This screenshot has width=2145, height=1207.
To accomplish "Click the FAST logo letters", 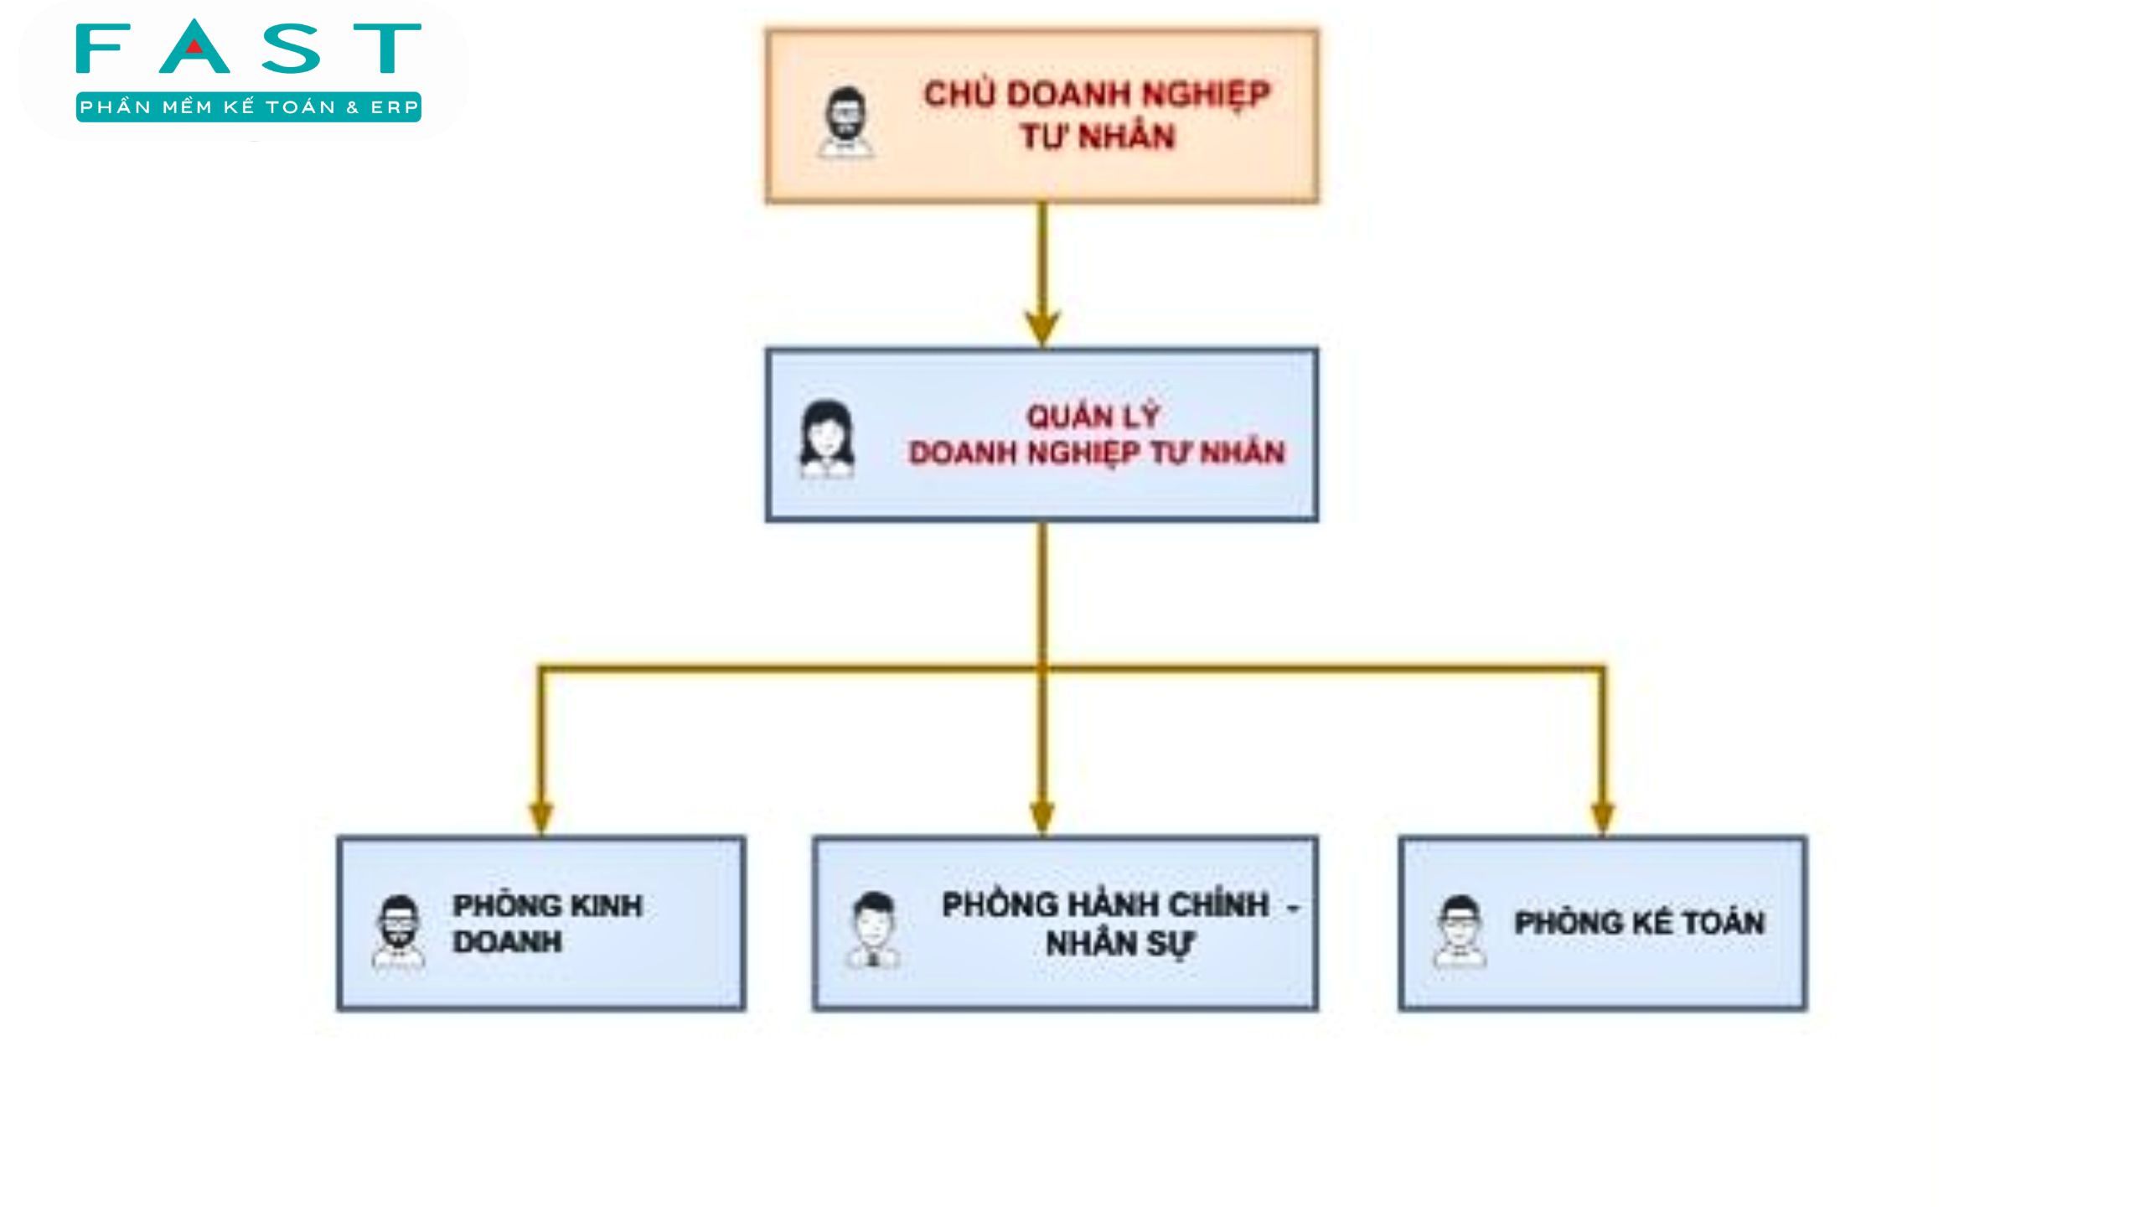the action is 248,47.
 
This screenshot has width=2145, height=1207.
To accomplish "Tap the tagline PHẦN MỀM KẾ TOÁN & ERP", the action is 249,107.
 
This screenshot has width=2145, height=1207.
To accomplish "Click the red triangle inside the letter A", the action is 194,47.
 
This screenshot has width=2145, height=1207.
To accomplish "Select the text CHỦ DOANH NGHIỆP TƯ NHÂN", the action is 1097,115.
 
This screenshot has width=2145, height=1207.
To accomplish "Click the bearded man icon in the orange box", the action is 845,122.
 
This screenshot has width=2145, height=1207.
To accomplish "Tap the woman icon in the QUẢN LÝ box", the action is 827,438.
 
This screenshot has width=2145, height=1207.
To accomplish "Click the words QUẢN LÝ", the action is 1093,416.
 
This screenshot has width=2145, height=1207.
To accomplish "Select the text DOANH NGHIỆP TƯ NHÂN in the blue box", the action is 1097,453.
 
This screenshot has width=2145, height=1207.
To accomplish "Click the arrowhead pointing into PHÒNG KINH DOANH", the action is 541,818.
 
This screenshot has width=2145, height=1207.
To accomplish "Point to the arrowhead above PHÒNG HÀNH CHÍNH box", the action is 1041,818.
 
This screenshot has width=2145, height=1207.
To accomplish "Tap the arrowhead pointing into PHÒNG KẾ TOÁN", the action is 1602,818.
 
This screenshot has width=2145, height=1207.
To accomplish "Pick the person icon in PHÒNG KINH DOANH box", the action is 398,933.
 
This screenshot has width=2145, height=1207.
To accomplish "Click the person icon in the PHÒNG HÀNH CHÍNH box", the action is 873,930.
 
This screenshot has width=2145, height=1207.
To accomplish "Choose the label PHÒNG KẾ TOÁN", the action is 1640,923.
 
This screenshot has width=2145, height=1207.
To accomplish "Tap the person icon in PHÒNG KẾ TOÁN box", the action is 1460,931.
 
